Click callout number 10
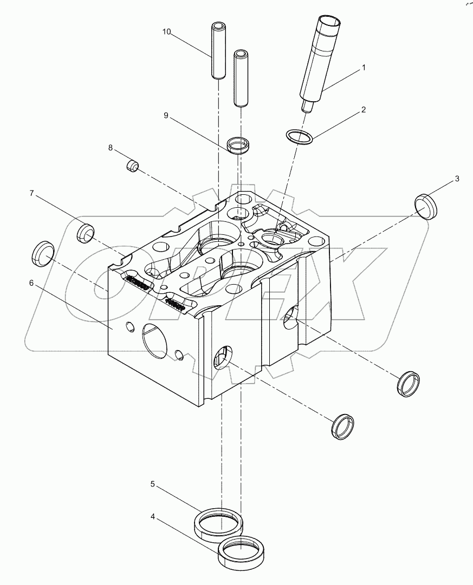tap(166, 32)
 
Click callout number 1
tap(364, 68)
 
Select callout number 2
tap(364, 109)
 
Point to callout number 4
tap(153, 517)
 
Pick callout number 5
tap(153, 484)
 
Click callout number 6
tap(31, 283)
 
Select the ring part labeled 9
tap(239, 145)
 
